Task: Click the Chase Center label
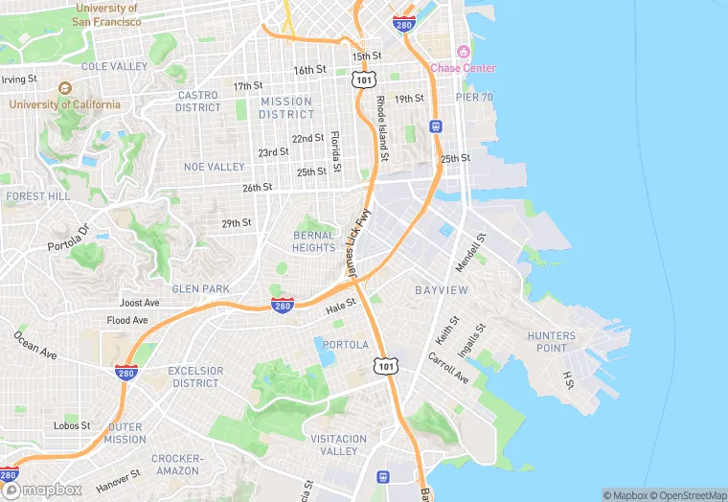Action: tap(463, 68)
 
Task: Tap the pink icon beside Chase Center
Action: tap(464, 52)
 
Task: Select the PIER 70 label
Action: tap(474, 98)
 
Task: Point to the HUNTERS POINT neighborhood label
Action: tap(552, 342)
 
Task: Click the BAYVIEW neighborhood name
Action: tap(441, 289)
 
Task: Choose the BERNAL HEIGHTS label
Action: tap(314, 241)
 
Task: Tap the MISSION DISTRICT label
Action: tap(285, 108)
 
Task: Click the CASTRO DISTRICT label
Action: tap(198, 102)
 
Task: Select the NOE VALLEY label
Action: tap(215, 167)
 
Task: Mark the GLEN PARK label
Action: tap(200, 288)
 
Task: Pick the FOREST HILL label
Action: tap(37, 195)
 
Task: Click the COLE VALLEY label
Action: tap(114, 67)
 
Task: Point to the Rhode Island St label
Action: tap(382, 126)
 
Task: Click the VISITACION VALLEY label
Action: tap(338, 445)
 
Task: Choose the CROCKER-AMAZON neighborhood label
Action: tap(175, 465)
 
